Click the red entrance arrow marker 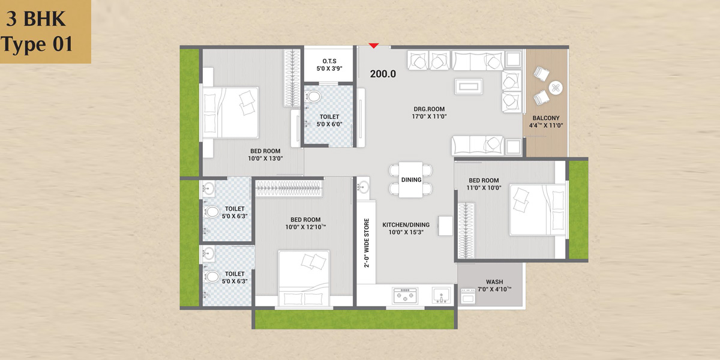373,46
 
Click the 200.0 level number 383,74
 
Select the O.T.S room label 329,61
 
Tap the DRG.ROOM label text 429,109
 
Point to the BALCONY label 546,118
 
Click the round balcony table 556,88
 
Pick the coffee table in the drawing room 469,86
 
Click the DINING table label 411,179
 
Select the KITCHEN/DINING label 406,224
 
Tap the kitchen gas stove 405,295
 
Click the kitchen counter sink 442,295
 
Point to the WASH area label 494,282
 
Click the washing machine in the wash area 468,296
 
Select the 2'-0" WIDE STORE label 367,243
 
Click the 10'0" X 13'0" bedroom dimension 265,158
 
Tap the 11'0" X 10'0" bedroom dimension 484,188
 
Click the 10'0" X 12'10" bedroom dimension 305,227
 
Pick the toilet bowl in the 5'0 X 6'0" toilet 313,96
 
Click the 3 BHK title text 35,19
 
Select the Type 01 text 37,44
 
